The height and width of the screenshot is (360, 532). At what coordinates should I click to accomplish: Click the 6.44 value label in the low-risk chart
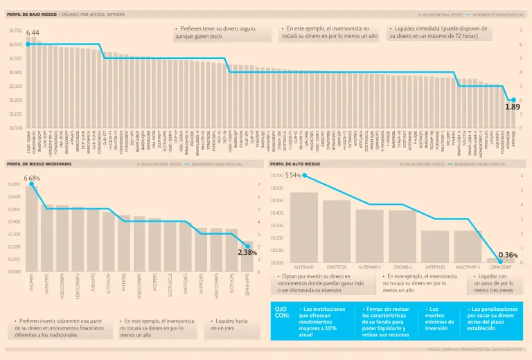[33, 33]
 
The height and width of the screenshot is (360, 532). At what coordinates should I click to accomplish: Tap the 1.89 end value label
[512, 107]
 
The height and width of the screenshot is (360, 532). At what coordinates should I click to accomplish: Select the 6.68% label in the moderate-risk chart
[32, 178]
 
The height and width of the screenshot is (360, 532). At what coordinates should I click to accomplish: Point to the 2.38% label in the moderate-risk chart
[247, 253]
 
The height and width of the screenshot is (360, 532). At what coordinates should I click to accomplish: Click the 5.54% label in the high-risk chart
[293, 176]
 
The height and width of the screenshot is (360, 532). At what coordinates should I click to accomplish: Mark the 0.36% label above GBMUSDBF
[508, 255]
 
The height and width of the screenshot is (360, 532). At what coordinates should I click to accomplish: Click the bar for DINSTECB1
[337, 231]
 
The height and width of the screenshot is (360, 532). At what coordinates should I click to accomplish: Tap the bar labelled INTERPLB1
[435, 246]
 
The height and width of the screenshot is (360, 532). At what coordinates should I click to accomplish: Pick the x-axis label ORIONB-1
[402, 267]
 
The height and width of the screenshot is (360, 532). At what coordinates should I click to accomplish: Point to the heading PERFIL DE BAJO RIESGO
[31, 14]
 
